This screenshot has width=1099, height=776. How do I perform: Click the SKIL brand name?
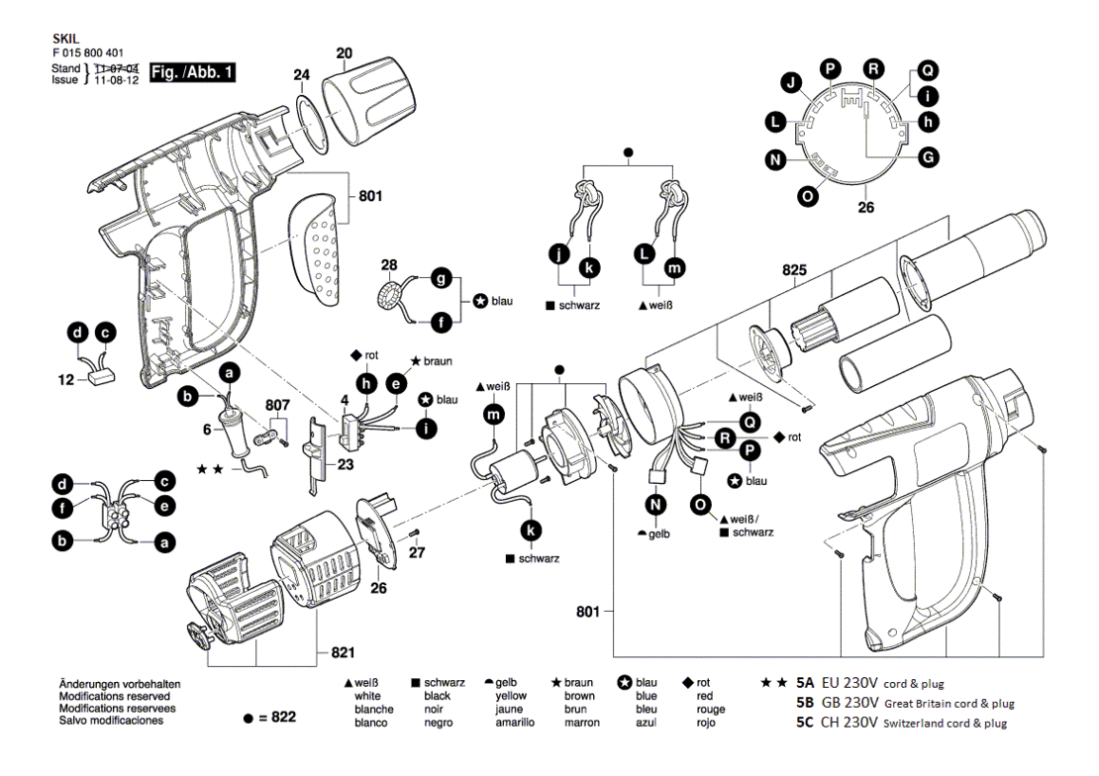[66, 40]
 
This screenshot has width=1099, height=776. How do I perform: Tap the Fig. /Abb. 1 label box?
[193, 72]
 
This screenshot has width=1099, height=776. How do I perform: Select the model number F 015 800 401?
[88, 53]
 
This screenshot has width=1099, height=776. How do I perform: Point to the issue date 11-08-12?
[117, 80]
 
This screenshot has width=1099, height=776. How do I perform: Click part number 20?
[345, 53]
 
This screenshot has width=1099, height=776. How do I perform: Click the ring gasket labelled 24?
[313, 126]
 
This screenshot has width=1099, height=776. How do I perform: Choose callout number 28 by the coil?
[389, 265]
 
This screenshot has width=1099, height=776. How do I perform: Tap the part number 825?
[795, 270]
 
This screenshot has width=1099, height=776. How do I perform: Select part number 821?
[343, 652]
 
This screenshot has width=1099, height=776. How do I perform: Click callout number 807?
[277, 405]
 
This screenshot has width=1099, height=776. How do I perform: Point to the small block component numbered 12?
[102, 377]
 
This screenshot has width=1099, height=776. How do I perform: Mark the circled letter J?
[792, 83]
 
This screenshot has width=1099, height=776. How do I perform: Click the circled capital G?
[929, 157]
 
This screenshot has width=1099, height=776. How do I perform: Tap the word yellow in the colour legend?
[511, 696]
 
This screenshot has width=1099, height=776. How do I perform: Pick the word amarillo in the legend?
[515, 722]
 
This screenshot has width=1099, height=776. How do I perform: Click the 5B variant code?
[805, 703]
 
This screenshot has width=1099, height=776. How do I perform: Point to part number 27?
[417, 552]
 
